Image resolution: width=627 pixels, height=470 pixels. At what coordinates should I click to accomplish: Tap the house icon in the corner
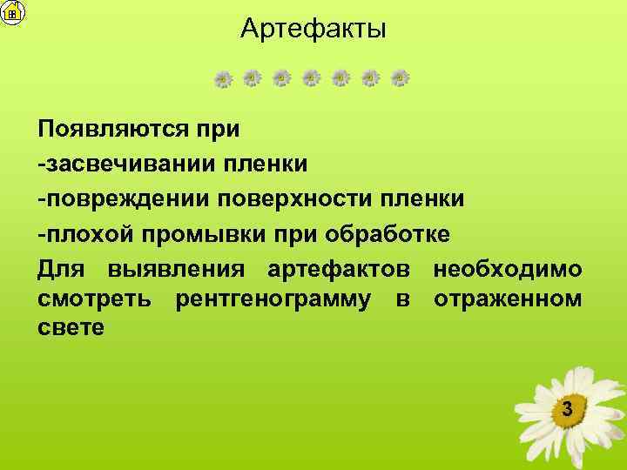click(13, 12)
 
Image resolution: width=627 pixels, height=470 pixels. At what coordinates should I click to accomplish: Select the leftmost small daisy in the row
click(223, 79)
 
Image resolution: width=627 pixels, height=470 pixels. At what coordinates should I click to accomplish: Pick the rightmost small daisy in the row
click(400, 79)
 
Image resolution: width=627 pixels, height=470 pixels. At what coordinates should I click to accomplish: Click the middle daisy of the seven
click(312, 79)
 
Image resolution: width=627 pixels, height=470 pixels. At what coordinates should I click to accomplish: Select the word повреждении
click(121, 198)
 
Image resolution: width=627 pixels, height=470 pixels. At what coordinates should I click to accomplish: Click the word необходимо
click(508, 269)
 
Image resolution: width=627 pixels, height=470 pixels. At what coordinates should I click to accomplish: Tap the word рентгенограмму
click(278, 300)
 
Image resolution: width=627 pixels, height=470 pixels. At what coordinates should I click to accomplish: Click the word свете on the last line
click(71, 329)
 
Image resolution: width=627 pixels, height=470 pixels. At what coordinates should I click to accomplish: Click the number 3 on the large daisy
click(567, 409)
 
